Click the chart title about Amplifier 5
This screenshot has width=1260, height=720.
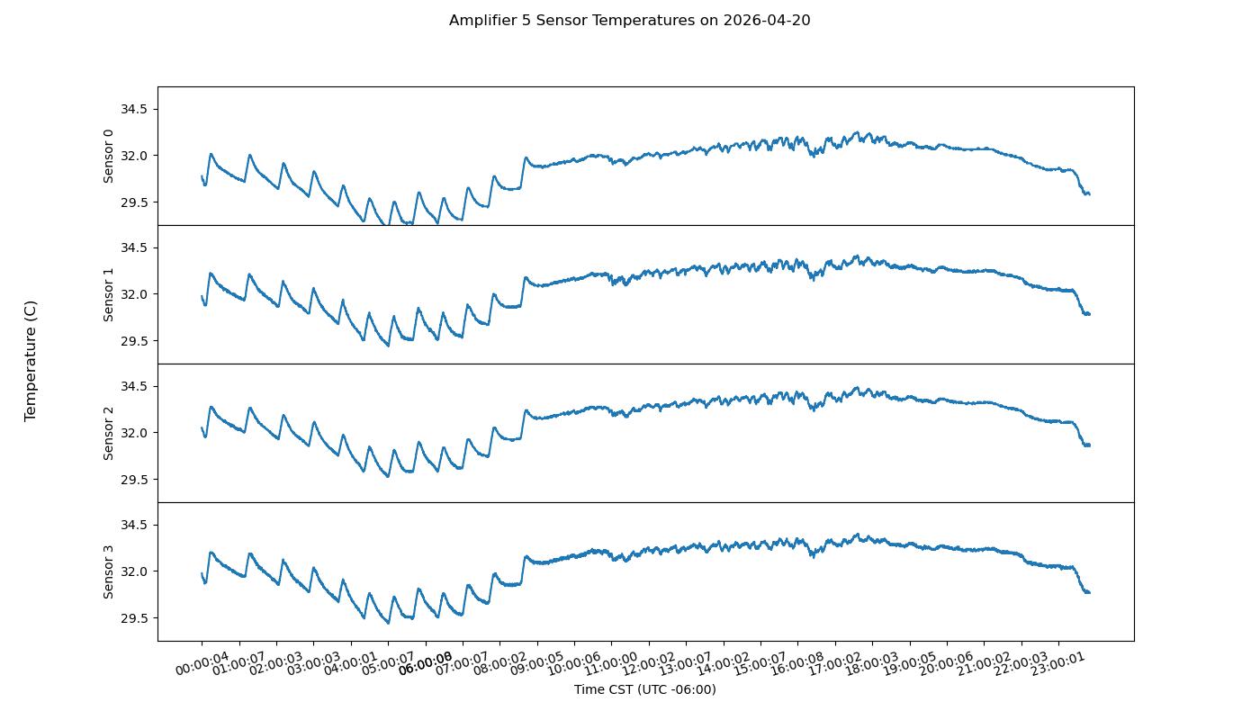[629, 20]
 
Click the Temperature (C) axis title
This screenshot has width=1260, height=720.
[31, 360]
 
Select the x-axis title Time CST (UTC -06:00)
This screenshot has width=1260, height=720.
[644, 689]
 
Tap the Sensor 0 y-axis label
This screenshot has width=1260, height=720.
[109, 156]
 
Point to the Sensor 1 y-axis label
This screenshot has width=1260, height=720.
[109, 294]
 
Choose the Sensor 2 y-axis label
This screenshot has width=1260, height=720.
[109, 433]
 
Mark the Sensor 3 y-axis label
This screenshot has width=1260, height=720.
[109, 571]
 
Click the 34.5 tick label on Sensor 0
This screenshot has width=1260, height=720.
[133, 109]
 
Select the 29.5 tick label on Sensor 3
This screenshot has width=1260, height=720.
[133, 618]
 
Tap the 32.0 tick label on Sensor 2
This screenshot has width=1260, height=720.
[133, 433]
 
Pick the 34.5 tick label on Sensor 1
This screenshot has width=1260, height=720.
[133, 247]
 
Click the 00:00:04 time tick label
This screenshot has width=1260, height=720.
[202, 664]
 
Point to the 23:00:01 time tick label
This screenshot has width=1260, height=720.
[1058, 664]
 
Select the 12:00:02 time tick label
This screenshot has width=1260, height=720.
[649, 664]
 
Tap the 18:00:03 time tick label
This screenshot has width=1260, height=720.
[872, 664]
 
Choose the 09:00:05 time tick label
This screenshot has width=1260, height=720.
[537, 664]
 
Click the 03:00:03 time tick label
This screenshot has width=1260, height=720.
[314, 664]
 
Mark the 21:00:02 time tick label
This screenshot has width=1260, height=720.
[984, 664]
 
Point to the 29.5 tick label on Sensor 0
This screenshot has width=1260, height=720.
[133, 202]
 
